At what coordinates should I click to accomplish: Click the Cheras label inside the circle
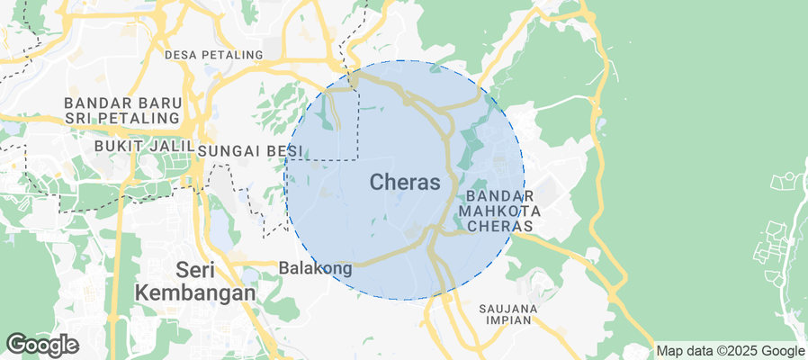(405, 183)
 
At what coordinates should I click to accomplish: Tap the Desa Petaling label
(214, 55)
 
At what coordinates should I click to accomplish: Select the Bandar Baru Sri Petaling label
(121, 110)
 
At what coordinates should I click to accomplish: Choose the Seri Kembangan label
(194, 281)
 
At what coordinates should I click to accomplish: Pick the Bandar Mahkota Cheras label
(499, 210)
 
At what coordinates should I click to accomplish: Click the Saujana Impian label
(507, 315)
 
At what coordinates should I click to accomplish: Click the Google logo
(41, 344)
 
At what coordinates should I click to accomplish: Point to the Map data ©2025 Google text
(730, 351)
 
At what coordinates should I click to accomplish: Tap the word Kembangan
(194, 292)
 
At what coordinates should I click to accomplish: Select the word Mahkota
(499, 210)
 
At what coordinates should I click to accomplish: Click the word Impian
(507, 321)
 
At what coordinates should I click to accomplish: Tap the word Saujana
(507, 309)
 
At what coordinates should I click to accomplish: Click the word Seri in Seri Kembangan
(194, 269)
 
